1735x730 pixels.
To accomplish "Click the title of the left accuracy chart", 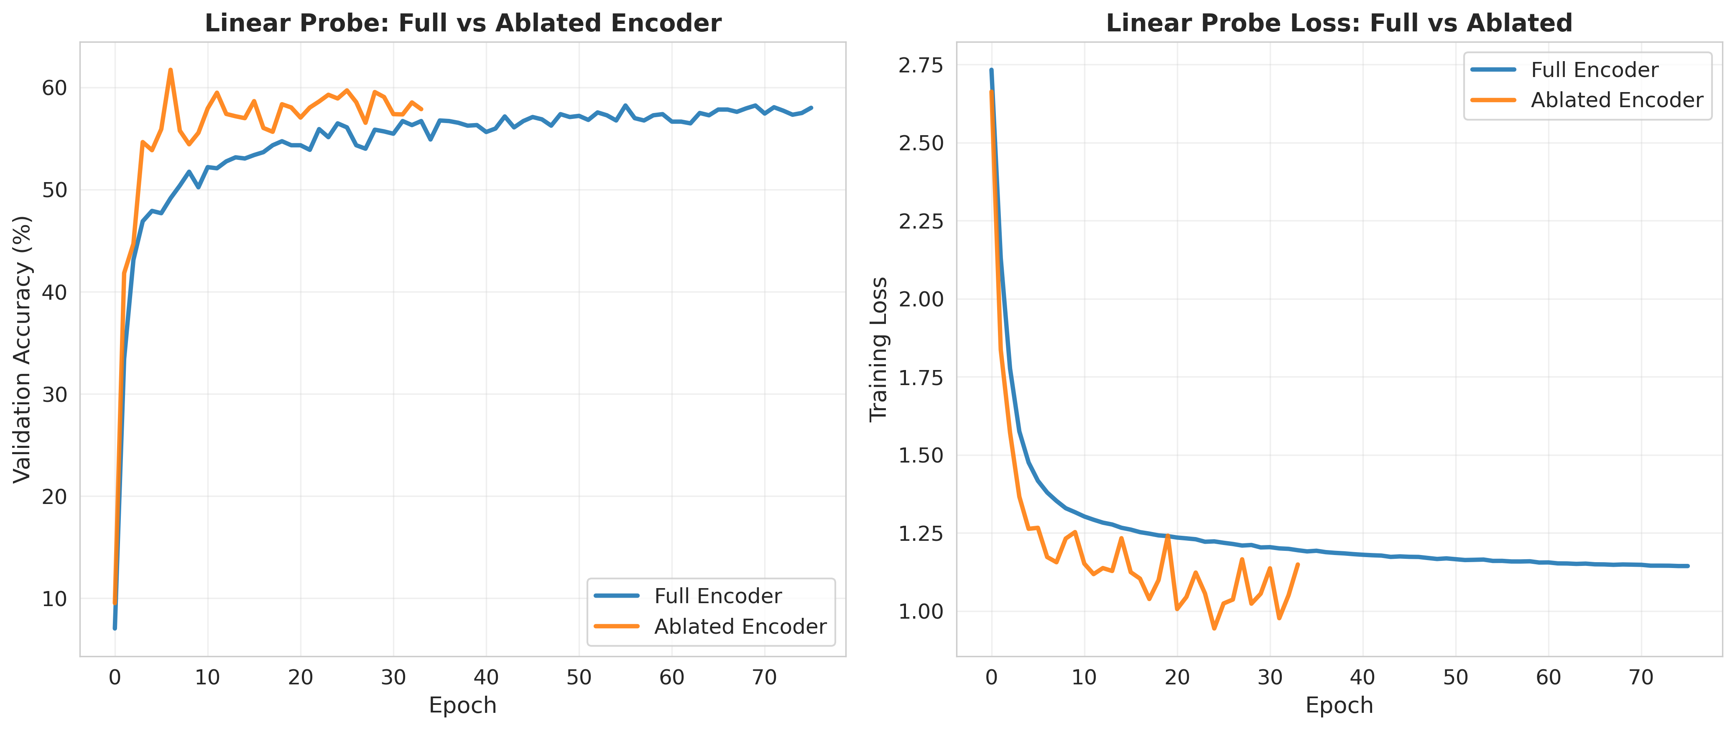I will [463, 23].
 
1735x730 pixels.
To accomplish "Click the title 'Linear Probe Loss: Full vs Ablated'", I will [1339, 23].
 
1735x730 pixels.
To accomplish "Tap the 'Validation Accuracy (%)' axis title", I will [22, 349].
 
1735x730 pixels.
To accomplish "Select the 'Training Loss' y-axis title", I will [878, 349].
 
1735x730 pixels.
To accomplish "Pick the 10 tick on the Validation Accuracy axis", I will [54, 599].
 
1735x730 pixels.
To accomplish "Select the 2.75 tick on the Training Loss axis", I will [921, 65].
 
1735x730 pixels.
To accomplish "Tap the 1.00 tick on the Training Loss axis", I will [921, 612].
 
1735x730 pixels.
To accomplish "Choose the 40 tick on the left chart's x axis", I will [486, 677].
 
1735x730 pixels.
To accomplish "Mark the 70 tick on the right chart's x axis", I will [1641, 677].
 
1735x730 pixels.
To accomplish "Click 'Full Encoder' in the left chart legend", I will [717, 596].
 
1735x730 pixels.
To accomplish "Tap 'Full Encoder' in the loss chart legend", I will [1594, 70].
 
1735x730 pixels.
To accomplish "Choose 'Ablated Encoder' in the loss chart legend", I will [1616, 100].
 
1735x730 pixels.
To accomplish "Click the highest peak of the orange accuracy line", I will [171, 69].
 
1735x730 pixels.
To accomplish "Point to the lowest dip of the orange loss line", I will [1214, 628].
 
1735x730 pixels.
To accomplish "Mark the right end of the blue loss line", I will [1687, 566].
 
